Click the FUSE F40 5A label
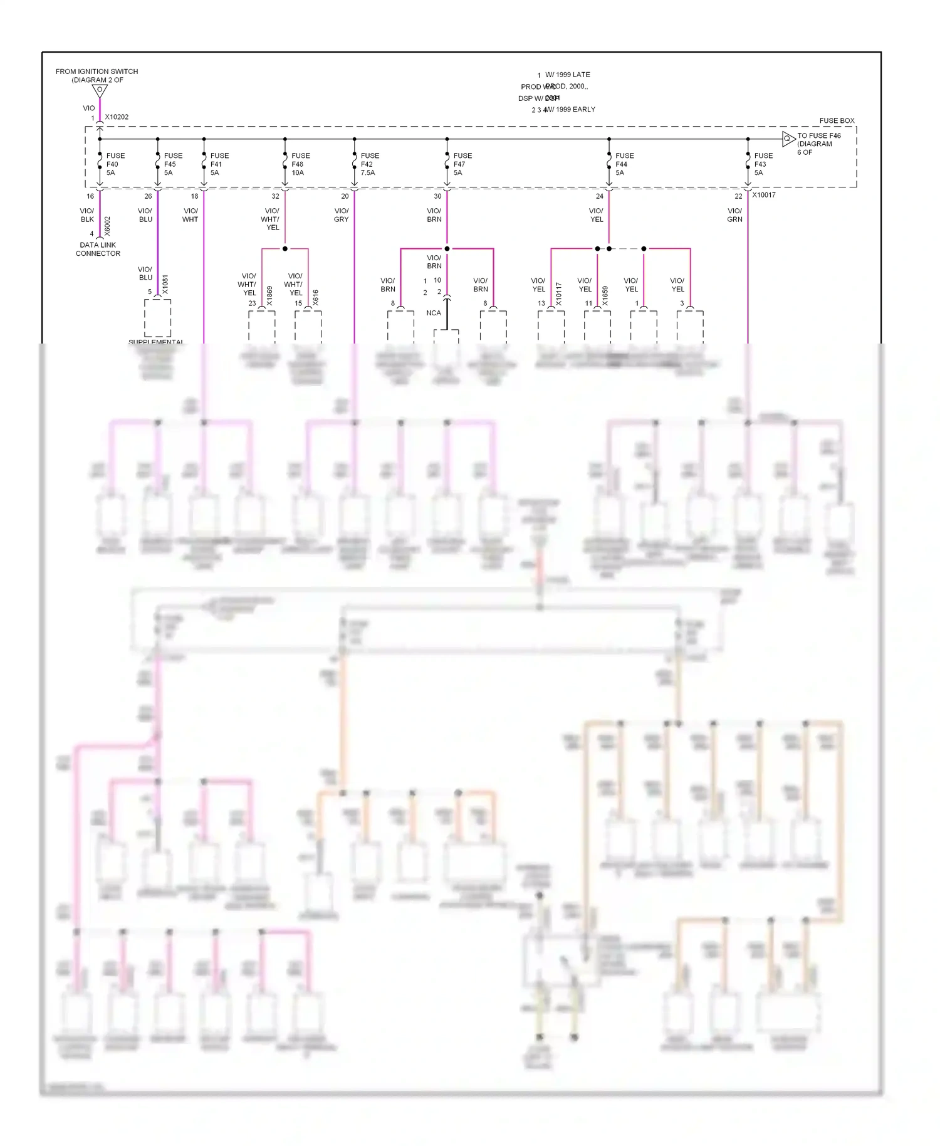tap(115, 164)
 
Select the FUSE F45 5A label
tap(173, 164)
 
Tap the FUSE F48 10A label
tap(300, 164)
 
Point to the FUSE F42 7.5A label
tap(369, 164)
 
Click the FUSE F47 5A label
tap(462, 164)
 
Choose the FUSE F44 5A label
tap(624, 164)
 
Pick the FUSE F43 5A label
tap(763, 164)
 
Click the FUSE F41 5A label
tap(219, 164)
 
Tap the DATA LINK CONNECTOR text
tap(98, 250)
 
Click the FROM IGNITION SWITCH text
tap(97, 71)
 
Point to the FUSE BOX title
tap(837, 120)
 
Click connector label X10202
tap(117, 117)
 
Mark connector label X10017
tap(763, 195)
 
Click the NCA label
tap(434, 313)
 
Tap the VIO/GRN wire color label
tap(734, 215)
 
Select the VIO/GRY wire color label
tap(341, 215)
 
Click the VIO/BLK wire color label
tap(87, 215)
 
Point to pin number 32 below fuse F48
tap(275, 196)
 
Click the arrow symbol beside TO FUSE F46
tap(788, 139)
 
